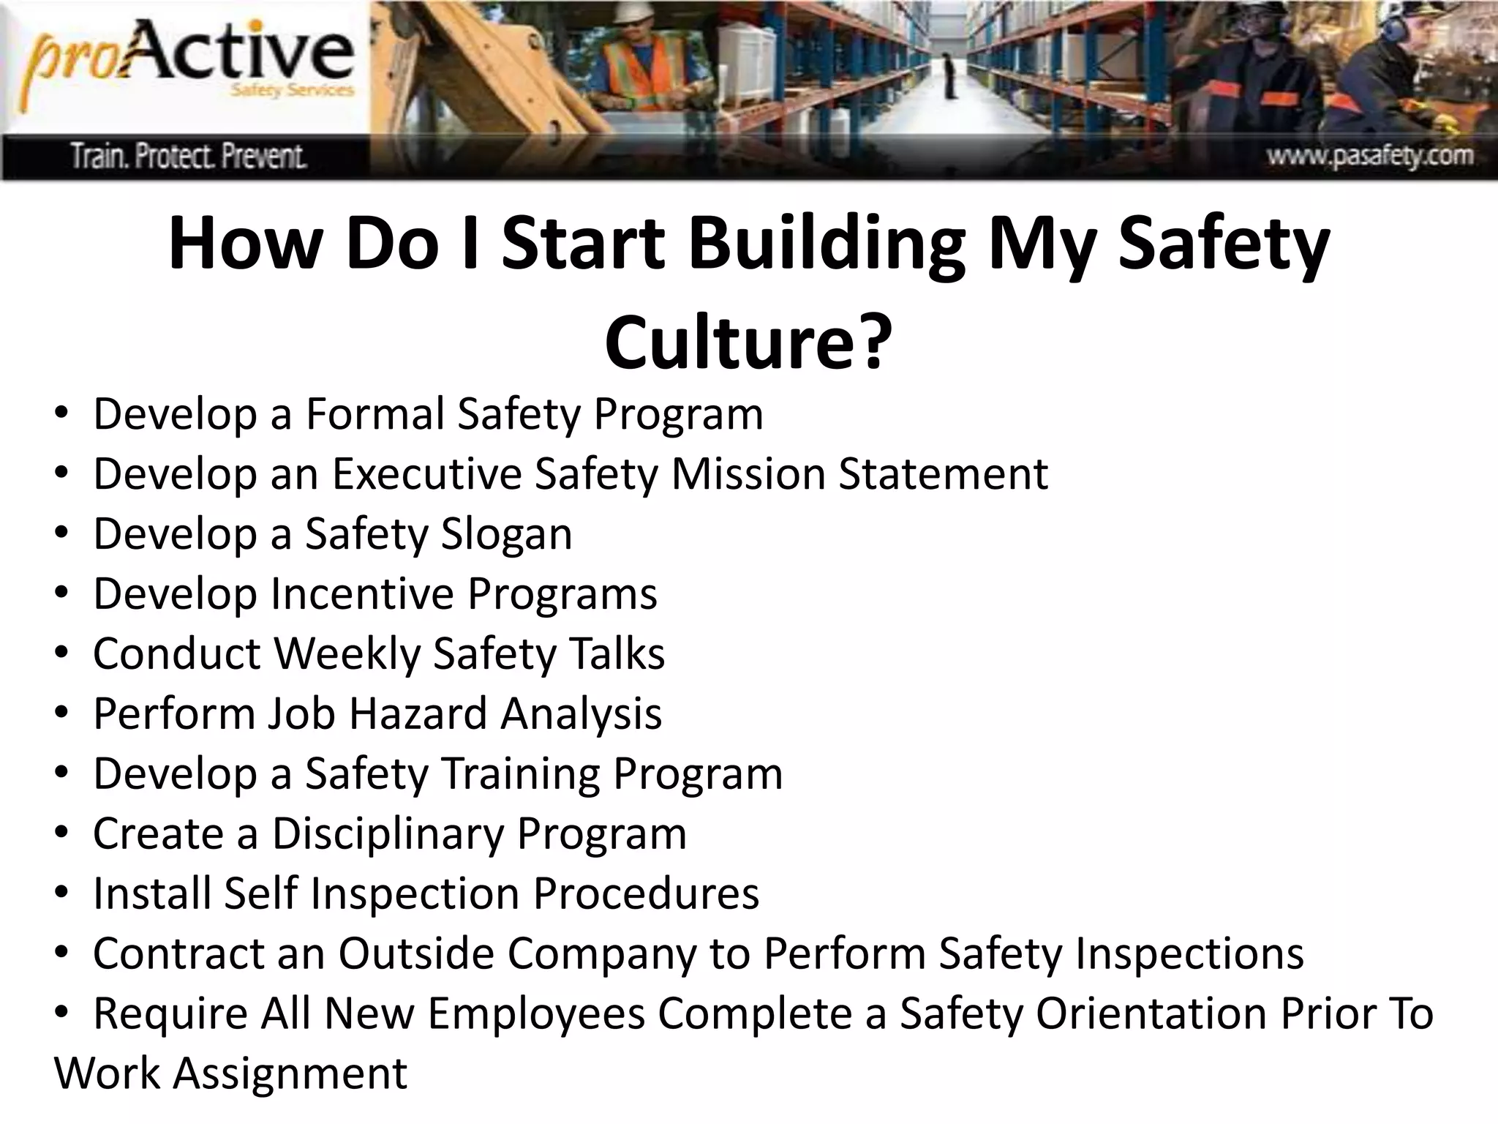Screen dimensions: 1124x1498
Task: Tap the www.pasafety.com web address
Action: (1370, 156)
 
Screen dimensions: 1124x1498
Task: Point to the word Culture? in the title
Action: (748, 342)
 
